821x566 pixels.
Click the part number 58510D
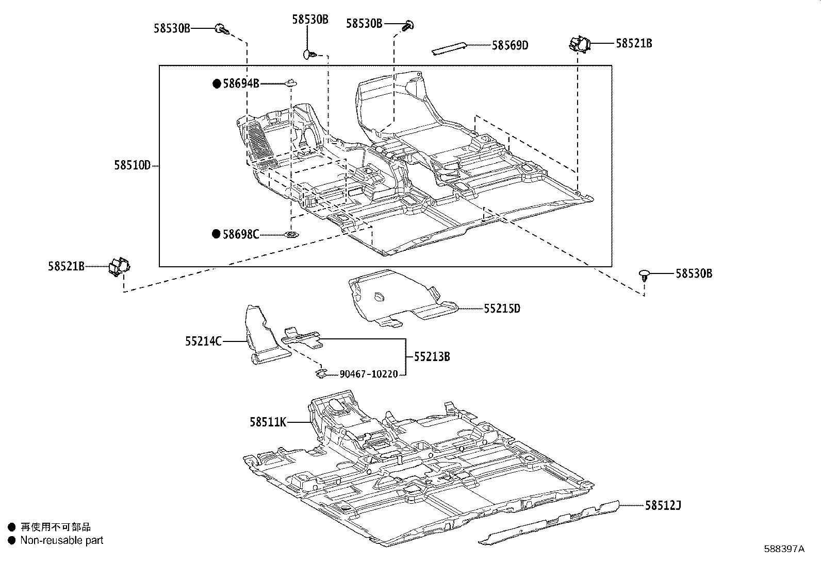coord(132,165)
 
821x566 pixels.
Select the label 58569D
coord(510,45)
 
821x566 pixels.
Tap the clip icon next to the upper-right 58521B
coord(579,44)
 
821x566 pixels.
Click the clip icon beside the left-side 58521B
coord(120,266)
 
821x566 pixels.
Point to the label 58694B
coord(241,83)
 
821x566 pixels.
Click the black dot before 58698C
coord(217,234)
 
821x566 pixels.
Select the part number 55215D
coord(502,308)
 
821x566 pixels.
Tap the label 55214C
coord(203,341)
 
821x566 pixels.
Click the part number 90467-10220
coord(368,374)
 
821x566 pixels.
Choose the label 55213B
coord(432,356)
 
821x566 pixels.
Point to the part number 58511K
coord(268,422)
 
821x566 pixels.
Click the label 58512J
coord(663,506)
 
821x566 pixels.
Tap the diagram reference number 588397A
coord(784,549)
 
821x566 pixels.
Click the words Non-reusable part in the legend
coord(62,540)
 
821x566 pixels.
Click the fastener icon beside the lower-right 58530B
coord(644,275)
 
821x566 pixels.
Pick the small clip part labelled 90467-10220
coord(321,372)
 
